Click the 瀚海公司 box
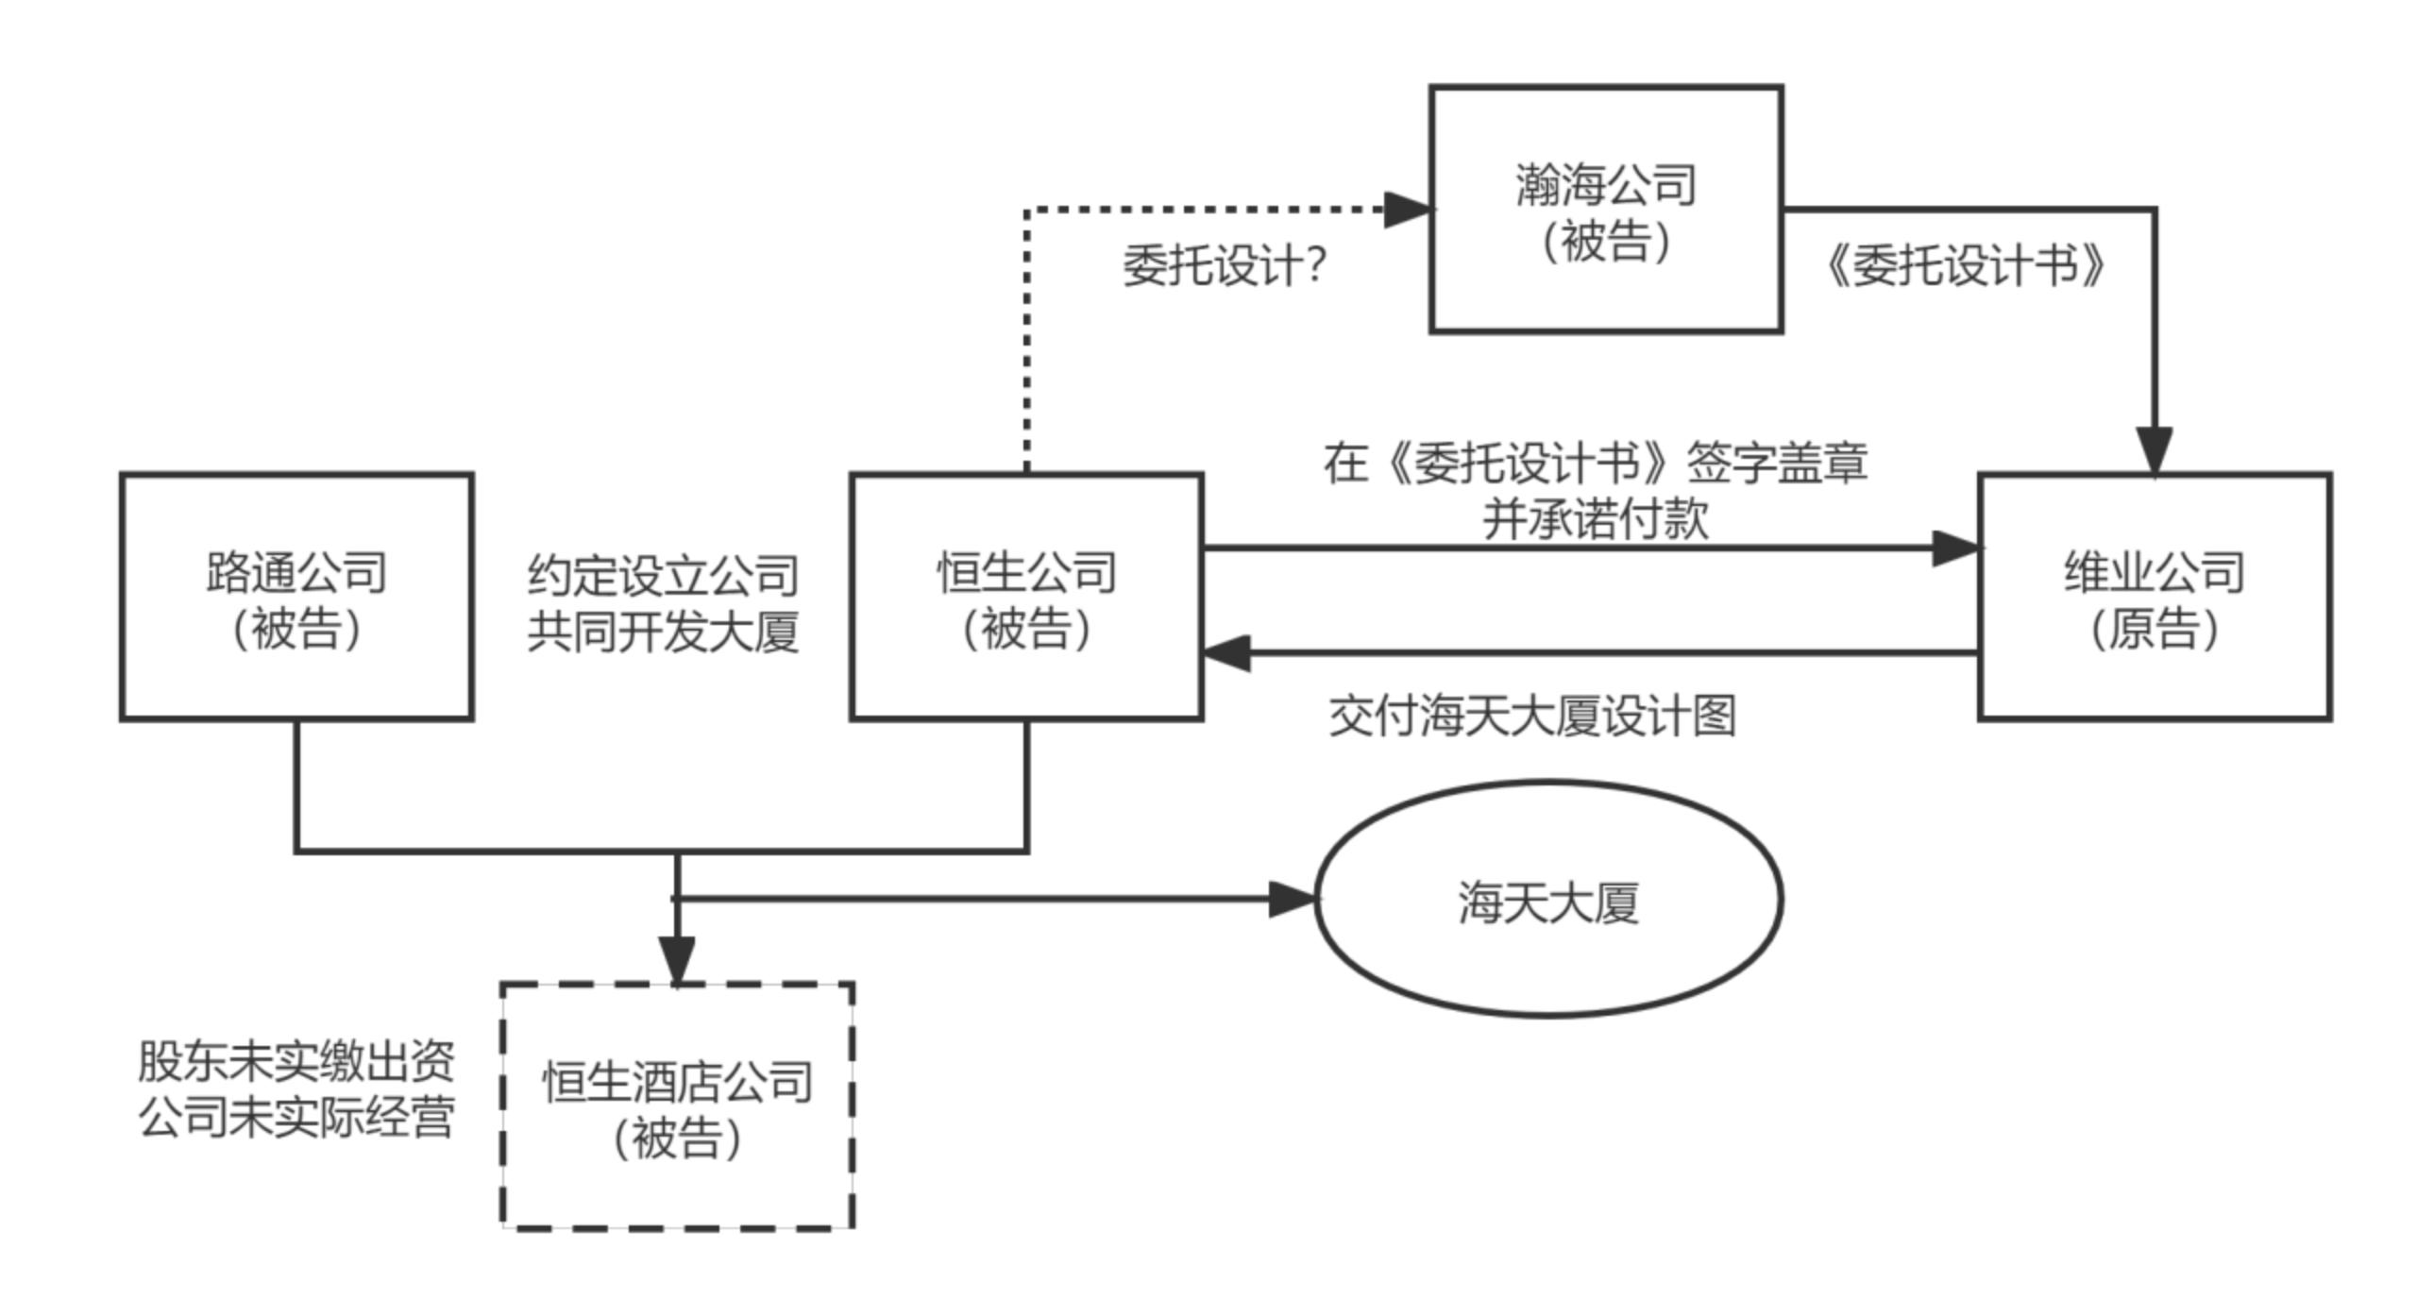coord(1606,209)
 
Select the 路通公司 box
coord(296,597)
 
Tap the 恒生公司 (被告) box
coord(1026,597)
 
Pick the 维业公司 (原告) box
coord(2155,597)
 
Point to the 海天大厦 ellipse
coord(1548,900)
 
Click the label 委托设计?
coord(1225,266)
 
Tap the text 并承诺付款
coord(1596,519)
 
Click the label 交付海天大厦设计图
coord(1532,717)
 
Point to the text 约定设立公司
coord(663,575)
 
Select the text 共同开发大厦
coord(663,632)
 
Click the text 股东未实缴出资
coord(296,1061)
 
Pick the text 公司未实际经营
coord(296,1118)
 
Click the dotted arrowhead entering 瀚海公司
coord(1408,209)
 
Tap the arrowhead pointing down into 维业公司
coord(2155,450)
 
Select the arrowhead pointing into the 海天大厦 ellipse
coord(1292,899)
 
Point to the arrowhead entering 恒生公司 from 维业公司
coord(1227,653)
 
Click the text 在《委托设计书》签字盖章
coord(1596,464)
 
